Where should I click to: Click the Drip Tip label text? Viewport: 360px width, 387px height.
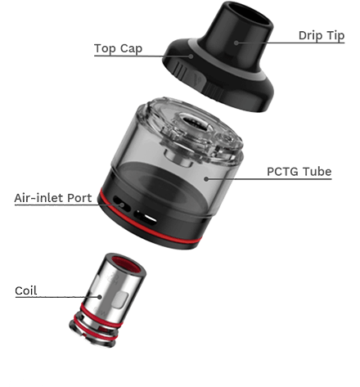[x=322, y=36]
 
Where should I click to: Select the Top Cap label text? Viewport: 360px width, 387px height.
[x=118, y=48]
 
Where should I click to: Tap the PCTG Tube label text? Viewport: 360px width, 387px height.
[x=299, y=172]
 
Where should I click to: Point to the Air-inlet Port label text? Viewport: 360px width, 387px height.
[x=53, y=198]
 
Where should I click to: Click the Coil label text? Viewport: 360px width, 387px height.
[x=26, y=290]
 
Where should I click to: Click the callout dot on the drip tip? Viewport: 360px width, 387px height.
[x=236, y=43]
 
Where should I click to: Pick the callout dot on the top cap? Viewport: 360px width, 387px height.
[x=191, y=56]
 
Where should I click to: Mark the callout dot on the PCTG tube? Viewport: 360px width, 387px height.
[x=206, y=179]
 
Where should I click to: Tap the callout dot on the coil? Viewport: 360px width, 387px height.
[x=100, y=297]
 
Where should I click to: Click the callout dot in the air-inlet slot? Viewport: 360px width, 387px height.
[x=122, y=205]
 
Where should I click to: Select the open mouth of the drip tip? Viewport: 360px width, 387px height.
[x=251, y=14]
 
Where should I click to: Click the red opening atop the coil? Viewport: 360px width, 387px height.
[x=127, y=264]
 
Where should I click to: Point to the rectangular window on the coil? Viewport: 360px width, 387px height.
[x=121, y=299]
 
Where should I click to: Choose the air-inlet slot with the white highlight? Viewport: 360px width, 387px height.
[x=145, y=218]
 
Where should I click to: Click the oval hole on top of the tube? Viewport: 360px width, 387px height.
[x=194, y=122]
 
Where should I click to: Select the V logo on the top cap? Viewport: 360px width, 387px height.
[x=198, y=78]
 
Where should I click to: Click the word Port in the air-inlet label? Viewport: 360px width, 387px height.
[x=79, y=198]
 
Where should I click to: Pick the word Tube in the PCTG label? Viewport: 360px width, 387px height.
[x=317, y=172]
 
